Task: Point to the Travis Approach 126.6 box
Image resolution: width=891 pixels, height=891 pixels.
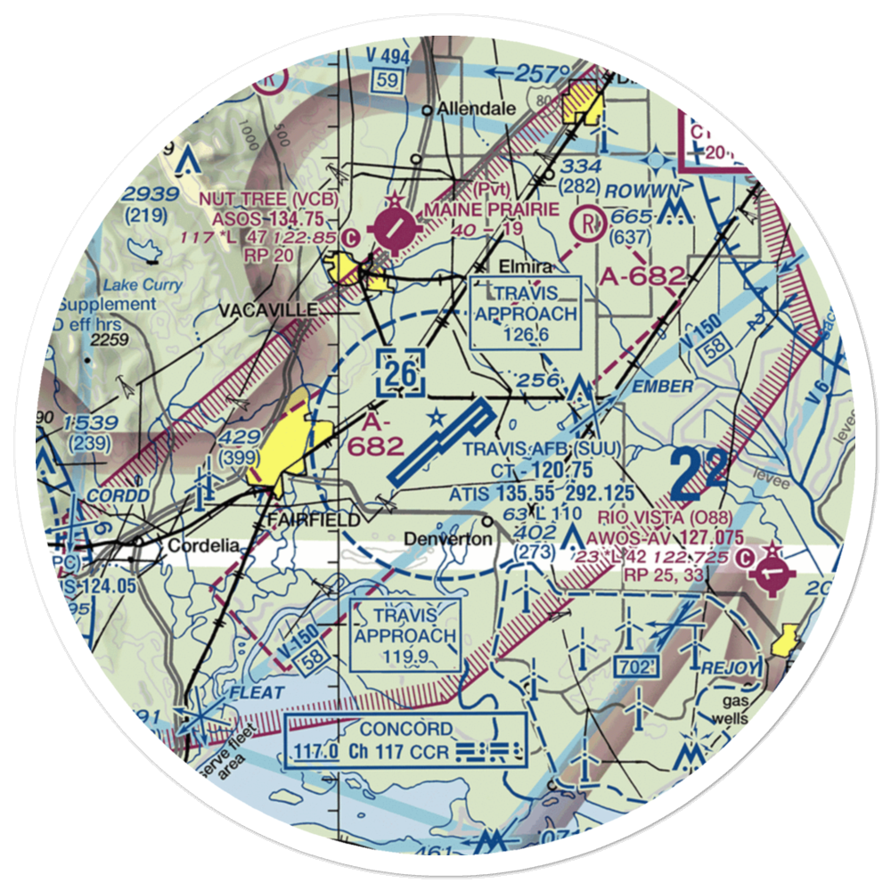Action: pyautogui.click(x=525, y=312)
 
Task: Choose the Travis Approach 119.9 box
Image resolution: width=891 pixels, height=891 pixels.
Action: pyautogui.click(x=406, y=635)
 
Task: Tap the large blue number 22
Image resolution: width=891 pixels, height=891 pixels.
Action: pyautogui.click(x=699, y=472)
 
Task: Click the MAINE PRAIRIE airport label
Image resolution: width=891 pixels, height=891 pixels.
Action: pyautogui.click(x=492, y=208)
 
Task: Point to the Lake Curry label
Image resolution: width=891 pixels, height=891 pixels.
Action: pyautogui.click(x=143, y=285)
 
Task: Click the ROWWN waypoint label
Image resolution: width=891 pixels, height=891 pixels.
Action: pyautogui.click(x=642, y=191)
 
